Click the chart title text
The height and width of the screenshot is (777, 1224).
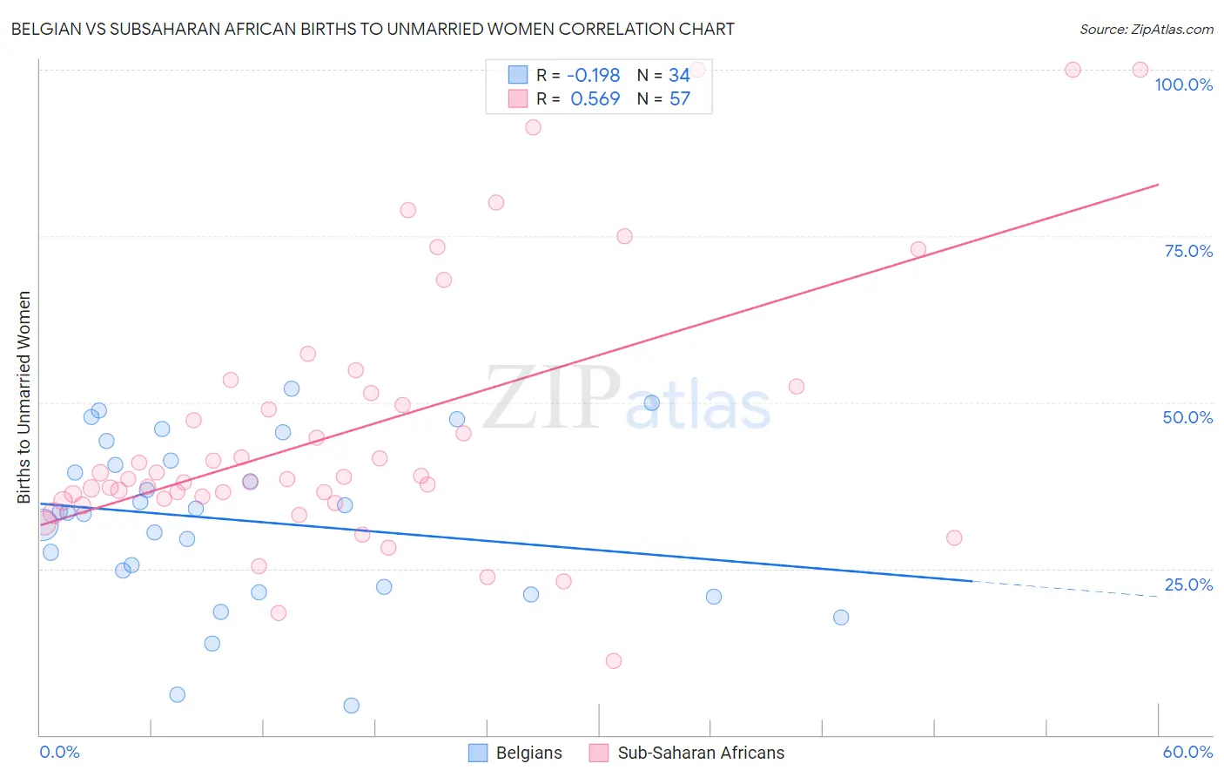373,29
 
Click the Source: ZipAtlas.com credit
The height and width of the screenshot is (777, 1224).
1146,30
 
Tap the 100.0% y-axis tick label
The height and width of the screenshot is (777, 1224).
1183,84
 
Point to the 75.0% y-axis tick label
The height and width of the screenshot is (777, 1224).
1188,251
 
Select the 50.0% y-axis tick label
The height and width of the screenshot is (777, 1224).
1187,417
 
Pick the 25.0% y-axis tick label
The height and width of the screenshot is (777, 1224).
1188,584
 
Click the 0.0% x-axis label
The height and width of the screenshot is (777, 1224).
59,752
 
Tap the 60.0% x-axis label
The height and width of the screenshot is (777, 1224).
1187,752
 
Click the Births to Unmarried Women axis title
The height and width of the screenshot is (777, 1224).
24,397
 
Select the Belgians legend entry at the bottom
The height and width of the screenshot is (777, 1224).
515,753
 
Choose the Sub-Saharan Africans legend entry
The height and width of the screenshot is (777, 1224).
687,753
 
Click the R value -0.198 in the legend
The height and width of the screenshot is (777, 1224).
594,76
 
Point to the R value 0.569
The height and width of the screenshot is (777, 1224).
595,99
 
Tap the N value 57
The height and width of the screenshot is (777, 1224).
679,99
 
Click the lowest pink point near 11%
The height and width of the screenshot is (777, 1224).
614,661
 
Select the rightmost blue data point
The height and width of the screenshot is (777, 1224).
841,618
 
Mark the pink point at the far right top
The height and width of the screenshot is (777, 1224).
1140,70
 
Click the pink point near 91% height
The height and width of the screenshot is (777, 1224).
534,127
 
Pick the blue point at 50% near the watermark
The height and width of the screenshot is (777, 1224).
652,402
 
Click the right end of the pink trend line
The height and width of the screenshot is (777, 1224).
1158,185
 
